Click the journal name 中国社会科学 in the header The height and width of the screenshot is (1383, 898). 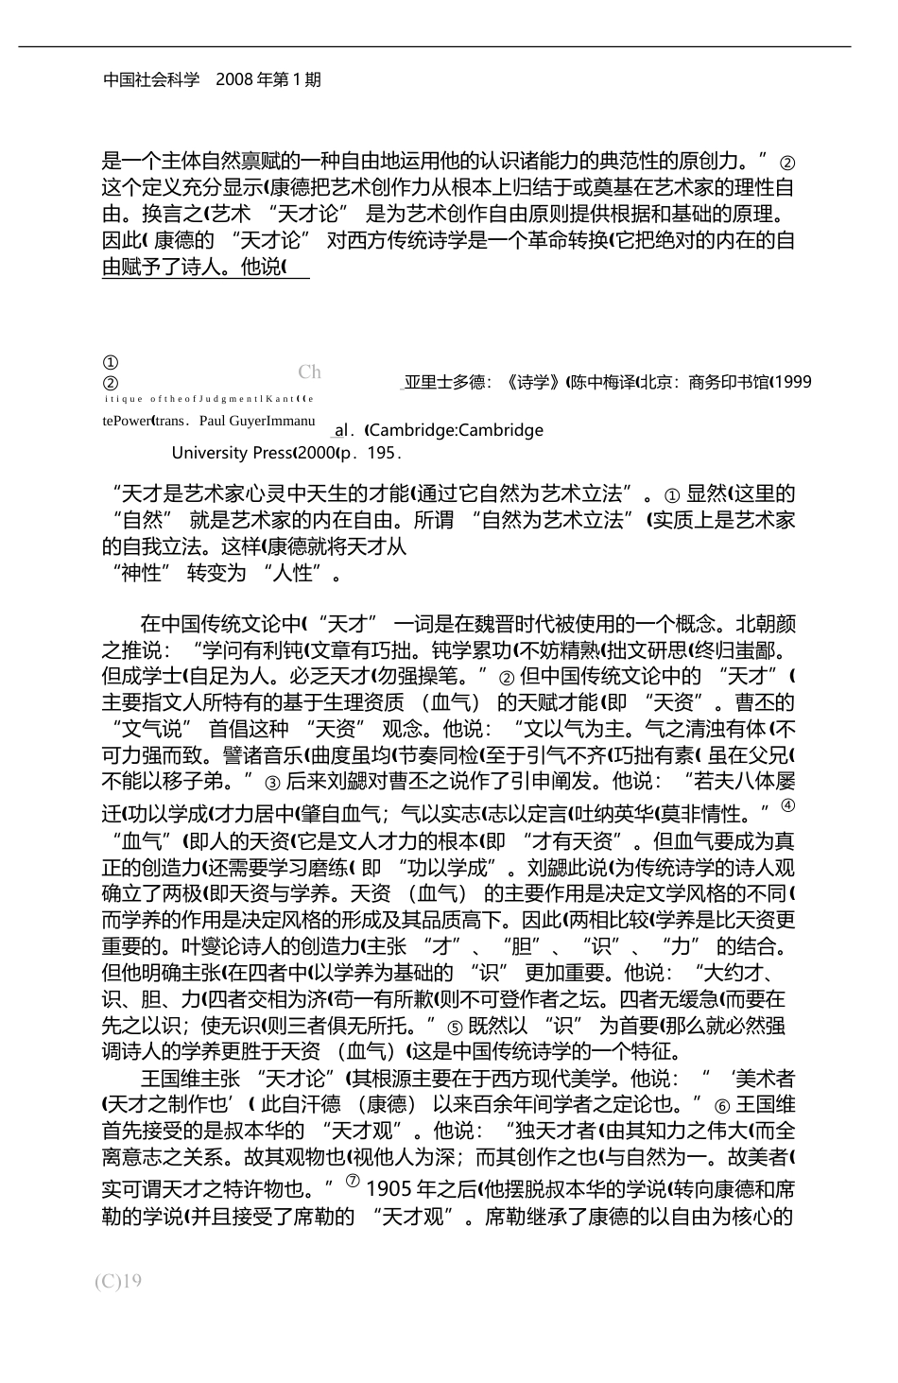click(151, 79)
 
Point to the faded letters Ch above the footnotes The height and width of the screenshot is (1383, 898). click(309, 372)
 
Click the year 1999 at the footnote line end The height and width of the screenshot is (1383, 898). click(794, 382)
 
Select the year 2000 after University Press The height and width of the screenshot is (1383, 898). click(317, 453)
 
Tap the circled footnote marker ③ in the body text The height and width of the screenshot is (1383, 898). click(272, 783)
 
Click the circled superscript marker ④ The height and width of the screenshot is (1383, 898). click(789, 805)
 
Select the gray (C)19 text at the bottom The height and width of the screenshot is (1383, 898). click(118, 1281)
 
